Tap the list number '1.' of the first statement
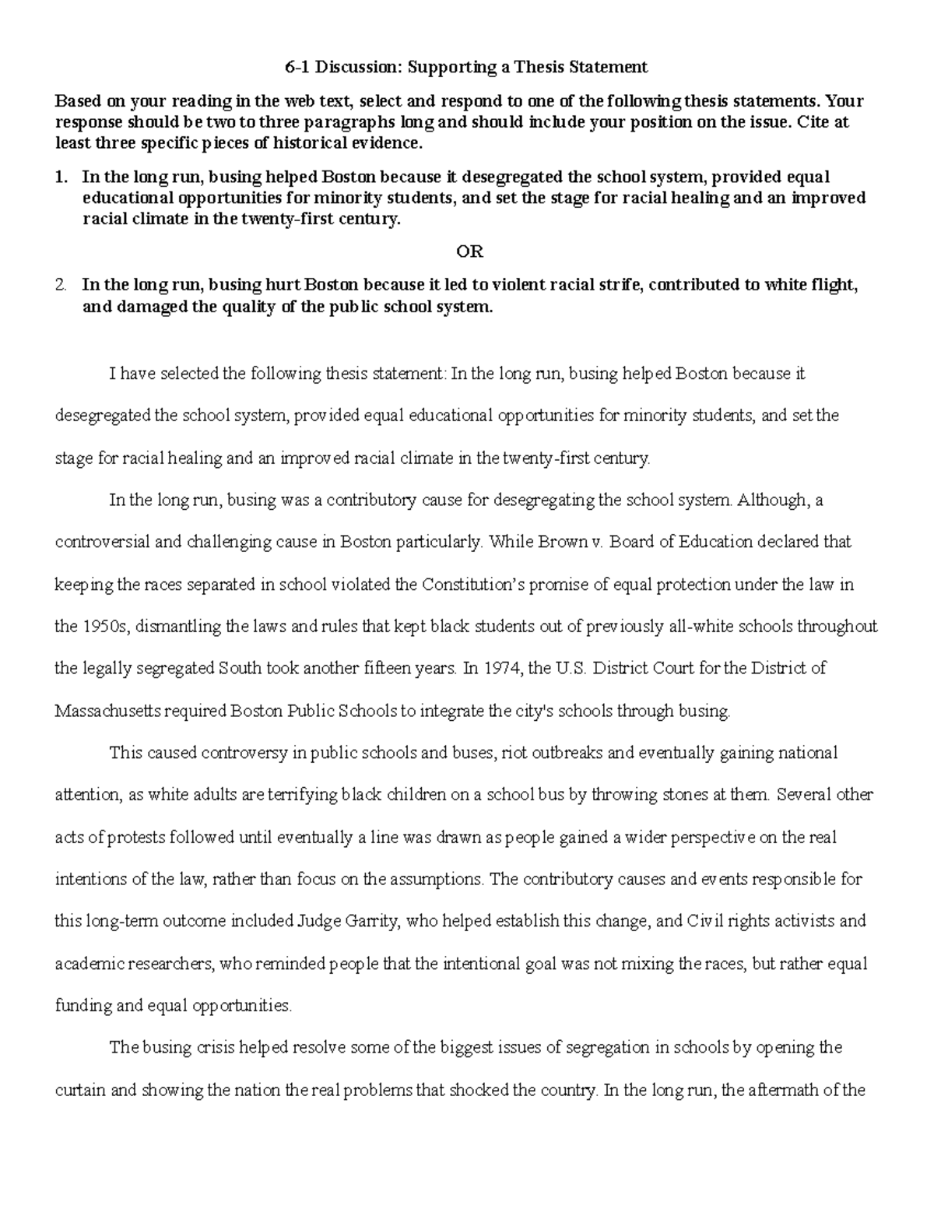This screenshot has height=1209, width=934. click(x=62, y=177)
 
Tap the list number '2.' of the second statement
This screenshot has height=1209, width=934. click(x=62, y=285)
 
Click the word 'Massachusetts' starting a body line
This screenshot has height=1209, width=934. click(x=101, y=711)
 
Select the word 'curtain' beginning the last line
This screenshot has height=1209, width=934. click(x=80, y=1091)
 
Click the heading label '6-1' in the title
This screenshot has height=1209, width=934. click(x=297, y=67)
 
